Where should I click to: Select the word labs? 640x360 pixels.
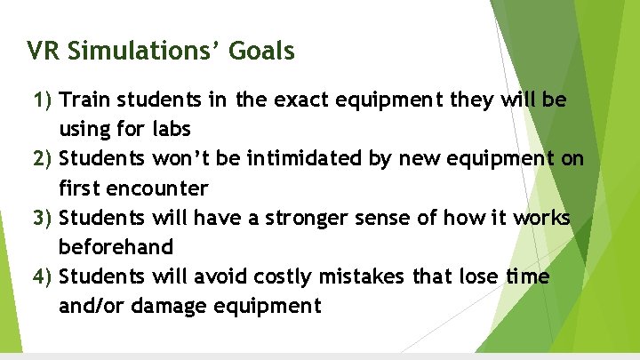(172, 129)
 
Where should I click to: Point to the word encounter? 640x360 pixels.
(158, 188)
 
